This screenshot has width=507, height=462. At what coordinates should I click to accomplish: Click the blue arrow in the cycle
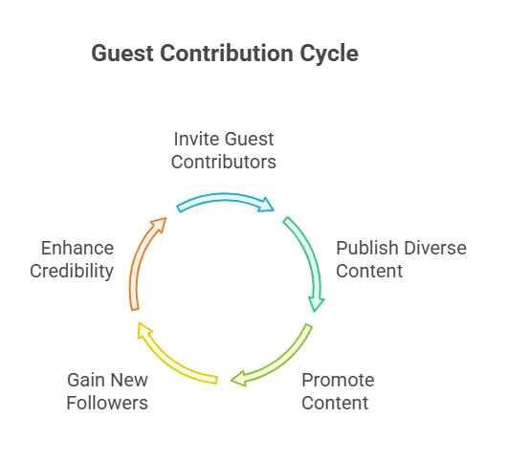(x=224, y=198)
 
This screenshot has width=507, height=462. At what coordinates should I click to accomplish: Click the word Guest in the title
(x=122, y=54)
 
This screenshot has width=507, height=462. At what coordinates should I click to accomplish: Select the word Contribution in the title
(x=227, y=54)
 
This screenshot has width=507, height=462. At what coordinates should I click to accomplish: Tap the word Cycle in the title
(x=329, y=55)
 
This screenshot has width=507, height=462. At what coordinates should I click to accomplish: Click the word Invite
(x=197, y=139)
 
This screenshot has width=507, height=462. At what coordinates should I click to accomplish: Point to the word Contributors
(x=224, y=162)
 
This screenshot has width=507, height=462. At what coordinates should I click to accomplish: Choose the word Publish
(x=367, y=248)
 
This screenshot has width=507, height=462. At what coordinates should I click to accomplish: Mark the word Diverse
(x=435, y=248)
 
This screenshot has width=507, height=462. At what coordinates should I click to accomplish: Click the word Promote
(x=338, y=380)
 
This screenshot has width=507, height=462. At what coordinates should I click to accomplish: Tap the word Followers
(x=107, y=403)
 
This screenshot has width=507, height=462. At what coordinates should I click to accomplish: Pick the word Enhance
(x=77, y=249)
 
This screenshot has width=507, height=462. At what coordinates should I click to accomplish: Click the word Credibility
(x=72, y=271)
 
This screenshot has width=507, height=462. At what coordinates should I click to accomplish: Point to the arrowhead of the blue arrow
(x=267, y=205)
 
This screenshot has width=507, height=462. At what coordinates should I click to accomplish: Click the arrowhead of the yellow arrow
(x=143, y=330)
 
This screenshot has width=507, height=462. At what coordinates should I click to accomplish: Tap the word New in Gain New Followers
(x=129, y=380)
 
